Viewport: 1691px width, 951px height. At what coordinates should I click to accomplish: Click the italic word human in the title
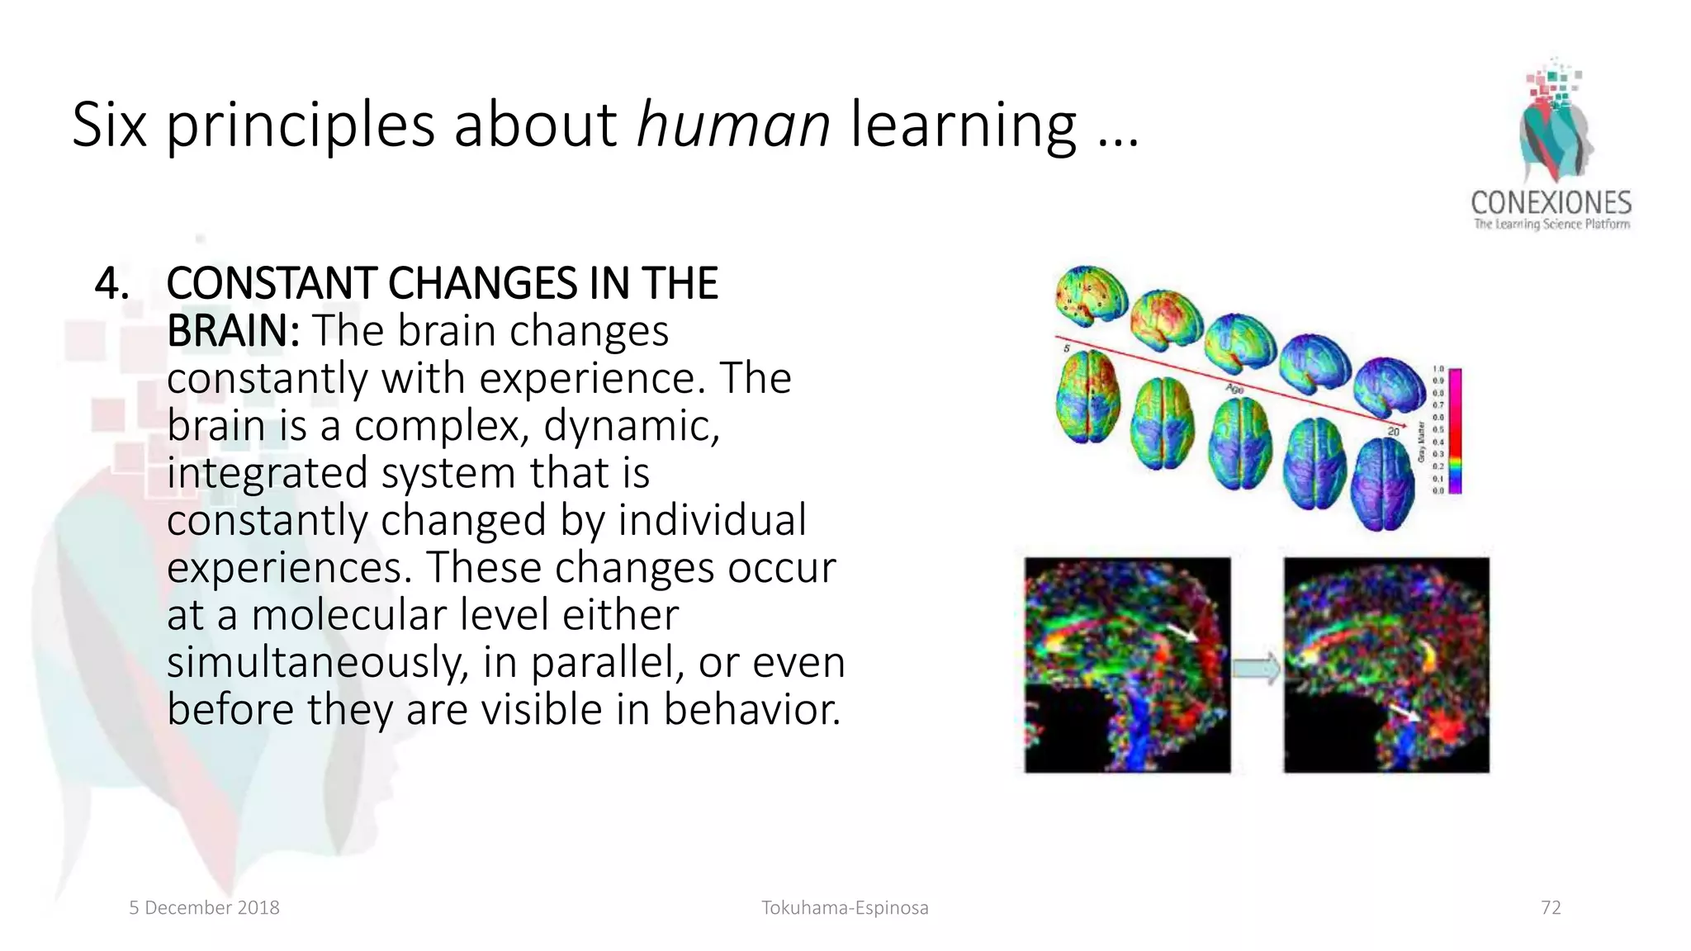point(733,125)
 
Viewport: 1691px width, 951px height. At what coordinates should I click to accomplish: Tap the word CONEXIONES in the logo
point(1551,203)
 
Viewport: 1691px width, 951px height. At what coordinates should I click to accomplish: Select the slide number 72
point(1551,908)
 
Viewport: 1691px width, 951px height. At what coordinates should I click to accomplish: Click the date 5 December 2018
point(204,908)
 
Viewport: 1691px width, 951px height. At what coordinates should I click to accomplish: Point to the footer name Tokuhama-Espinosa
point(845,908)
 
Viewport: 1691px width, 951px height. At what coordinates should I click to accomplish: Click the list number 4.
point(111,284)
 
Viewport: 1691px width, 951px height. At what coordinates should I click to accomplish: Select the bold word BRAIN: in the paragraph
point(233,331)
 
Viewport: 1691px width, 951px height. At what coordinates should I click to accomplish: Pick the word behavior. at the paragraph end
point(751,710)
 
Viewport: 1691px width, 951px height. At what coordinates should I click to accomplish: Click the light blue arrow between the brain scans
point(1256,668)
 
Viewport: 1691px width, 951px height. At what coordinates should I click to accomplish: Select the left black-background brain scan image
point(1127,665)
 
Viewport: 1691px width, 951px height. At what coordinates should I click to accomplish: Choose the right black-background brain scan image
point(1386,665)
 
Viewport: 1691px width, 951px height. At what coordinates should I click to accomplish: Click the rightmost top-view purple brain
point(1382,484)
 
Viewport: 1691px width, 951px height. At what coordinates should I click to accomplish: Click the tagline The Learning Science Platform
point(1551,224)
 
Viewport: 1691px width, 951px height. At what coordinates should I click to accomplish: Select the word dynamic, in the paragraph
point(632,426)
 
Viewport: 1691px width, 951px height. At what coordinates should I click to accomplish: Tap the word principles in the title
point(301,125)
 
